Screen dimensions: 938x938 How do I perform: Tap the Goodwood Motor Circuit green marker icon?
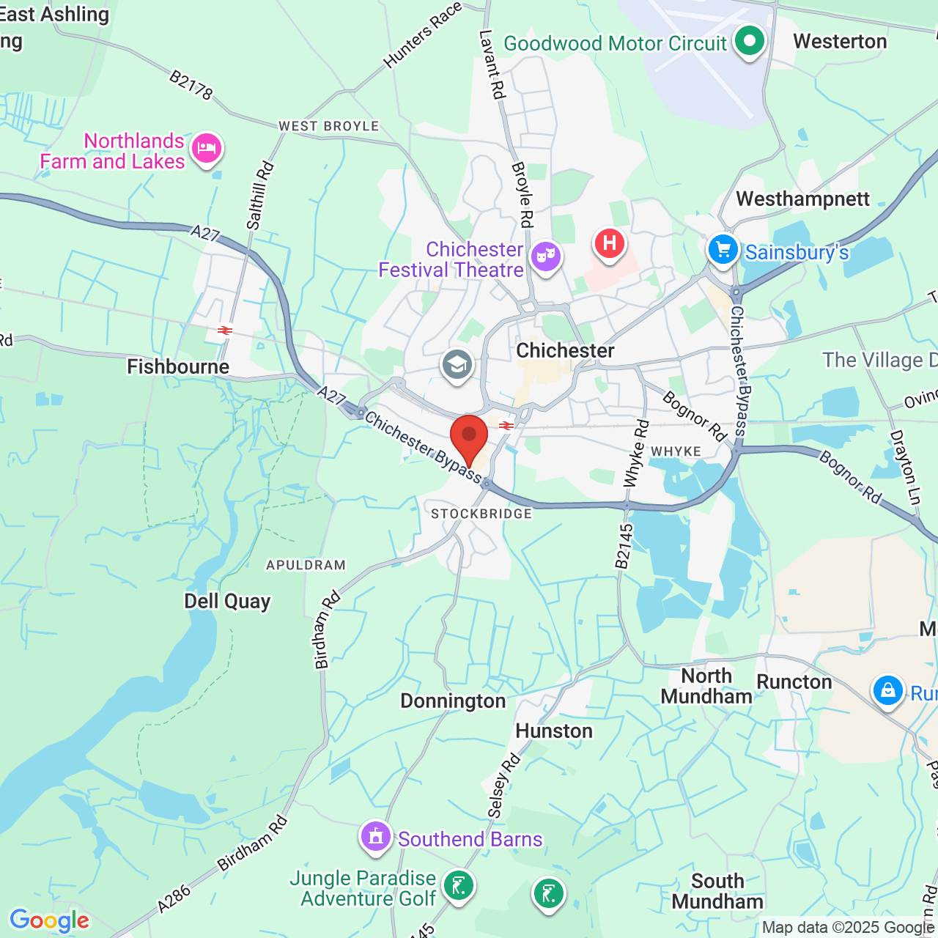point(749,41)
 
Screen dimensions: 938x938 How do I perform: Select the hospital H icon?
point(609,243)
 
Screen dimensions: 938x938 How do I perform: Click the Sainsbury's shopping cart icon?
point(723,250)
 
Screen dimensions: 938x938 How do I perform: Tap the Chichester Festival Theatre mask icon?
point(546,256)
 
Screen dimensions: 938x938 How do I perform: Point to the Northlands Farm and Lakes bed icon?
point(206,149)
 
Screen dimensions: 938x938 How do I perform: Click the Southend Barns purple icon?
point(376,835)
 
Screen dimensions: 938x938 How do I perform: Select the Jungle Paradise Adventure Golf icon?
point(459,887)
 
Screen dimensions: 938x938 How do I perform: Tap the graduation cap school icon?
point(457,363)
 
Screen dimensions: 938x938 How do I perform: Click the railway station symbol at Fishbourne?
point(224,330)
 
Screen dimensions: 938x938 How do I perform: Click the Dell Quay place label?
point(227,602)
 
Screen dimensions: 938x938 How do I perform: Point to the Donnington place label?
point(453,701)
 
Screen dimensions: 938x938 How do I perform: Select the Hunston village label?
point(554,731)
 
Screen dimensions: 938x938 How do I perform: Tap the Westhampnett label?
point(802,199)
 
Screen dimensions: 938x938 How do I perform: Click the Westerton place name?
point(840,42)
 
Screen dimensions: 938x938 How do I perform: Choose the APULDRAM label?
point(306,565)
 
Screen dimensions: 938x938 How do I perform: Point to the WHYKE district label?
point(676,451)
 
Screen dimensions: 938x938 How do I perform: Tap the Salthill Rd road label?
point(260,196)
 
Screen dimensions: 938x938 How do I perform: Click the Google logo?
point(50,920)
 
